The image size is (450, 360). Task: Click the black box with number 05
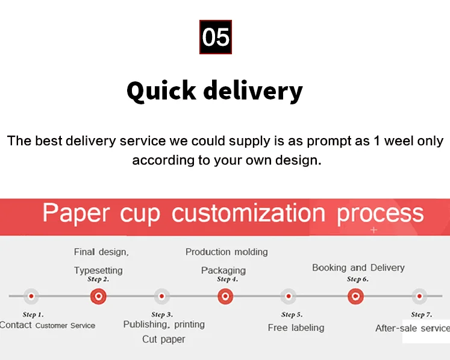(x=216, y=37)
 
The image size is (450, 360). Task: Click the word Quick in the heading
(x=161, y=91)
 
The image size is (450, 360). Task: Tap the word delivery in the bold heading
(x=252, y=91)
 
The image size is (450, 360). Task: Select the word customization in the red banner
(x=248, y=213)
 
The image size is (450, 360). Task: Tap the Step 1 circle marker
(x=31, y=296)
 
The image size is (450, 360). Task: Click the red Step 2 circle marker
(x=98, y=296)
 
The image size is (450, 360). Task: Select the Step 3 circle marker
(x=161, y=296)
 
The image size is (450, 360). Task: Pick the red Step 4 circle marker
(x=225, y=296)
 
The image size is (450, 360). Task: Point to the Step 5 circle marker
(x=289, y=296)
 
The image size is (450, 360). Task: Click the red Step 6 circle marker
(x=355, y=296)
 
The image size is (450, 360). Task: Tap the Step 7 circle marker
(x=419, y=296)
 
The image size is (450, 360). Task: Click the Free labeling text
(x=296, y=328)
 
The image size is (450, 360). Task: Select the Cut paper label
(x=164, y=339)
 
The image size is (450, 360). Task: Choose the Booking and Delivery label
(x=358, y=268)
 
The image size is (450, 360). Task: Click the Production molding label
(x=227, y=252)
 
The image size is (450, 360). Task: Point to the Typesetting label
(x=98, y=270)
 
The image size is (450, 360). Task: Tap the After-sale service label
(x=412, y=328)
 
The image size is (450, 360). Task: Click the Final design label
(x=101, y=252)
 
